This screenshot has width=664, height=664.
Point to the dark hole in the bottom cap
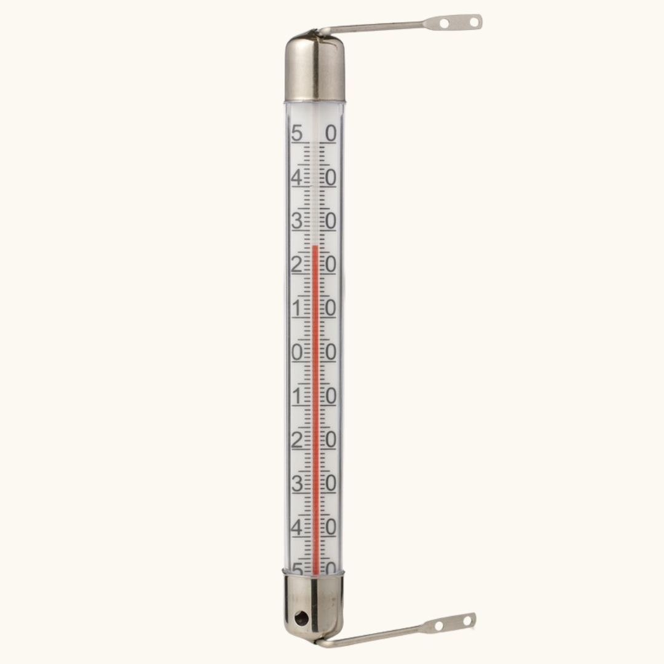pyautogui.click(x=301, y=619)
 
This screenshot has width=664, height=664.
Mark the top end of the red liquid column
pyautogui.click(x=315, y=247)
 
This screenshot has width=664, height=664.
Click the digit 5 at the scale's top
pyautogui.click(x=298, y=133)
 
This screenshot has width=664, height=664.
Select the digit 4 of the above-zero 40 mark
pyautogui.click(x=298, y=178)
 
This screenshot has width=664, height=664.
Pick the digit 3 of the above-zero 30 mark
pyautogui.click(x=298, y=221)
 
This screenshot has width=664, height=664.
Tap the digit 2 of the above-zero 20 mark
pyautogui.click(x=298, y=265)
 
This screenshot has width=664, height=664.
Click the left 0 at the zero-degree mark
pyautogui.click(x=298, y=352)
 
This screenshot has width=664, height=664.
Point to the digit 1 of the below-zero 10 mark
pyautogui.click(x=298, y=397)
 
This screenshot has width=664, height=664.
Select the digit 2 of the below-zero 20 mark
pyautogui.click(x=298, y=440)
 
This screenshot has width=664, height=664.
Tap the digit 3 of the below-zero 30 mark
pyautogui.click(x=298, y=484)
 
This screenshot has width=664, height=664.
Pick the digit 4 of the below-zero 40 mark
pyautogui.click(x=298, y=528)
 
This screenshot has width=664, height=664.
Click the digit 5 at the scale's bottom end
pyautogui.click(x=298, y=569)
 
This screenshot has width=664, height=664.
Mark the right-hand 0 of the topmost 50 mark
pyautogui.click(x=331, y=133)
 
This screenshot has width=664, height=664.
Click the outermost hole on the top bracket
pyautogui.click(x=473, y=22)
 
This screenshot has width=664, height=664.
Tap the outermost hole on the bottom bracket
pyautogui.click(x=467, y=622)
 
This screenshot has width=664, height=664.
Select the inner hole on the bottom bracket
pyautogui.click(x=439, y=625)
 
